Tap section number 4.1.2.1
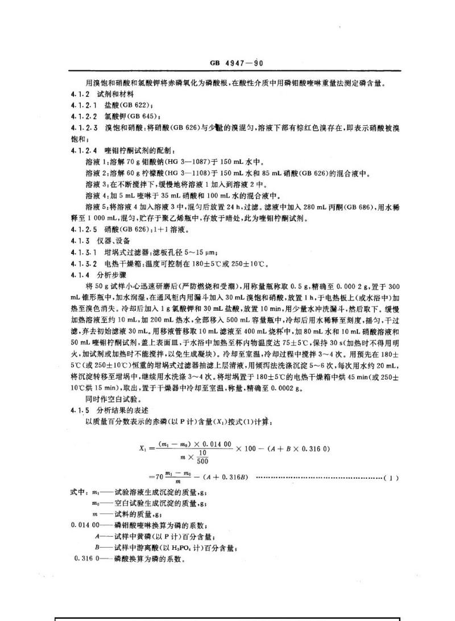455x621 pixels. tap(84, 105)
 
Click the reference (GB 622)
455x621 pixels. tap(134, 105)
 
